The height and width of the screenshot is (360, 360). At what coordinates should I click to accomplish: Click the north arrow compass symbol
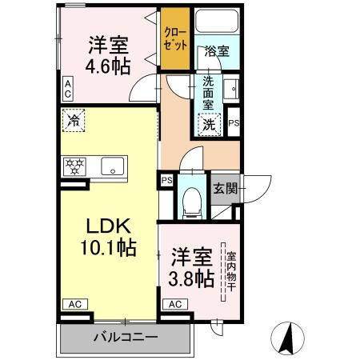tap(287, 338)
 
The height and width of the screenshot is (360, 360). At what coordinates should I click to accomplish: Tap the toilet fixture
tap(191, 203)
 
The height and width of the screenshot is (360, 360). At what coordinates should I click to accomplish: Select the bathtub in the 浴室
tap(217, 21)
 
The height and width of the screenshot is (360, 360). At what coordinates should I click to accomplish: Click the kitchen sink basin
tap(113, 166)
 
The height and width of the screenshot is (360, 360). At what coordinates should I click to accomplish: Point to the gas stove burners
tap(75, 166)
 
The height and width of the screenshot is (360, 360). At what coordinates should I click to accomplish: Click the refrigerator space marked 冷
tap(74, 120)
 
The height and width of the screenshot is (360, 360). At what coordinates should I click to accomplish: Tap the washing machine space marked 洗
tap(209, 125)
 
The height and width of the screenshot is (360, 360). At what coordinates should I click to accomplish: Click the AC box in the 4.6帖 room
tap(68, 89)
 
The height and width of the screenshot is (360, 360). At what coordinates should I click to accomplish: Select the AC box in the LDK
tap(75, 304)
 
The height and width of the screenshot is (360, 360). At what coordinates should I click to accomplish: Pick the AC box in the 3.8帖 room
tap(175, 304)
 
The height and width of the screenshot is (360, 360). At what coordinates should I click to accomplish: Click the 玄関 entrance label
tap(225, 189)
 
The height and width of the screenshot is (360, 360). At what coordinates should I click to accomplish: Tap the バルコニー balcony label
tap(126, 337)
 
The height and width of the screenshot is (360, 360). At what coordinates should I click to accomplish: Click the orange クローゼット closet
tap(175, 38)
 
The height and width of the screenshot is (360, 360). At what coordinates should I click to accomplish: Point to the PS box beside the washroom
tap(234, 122)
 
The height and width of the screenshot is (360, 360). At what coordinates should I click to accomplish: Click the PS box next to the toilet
tap(167, 180)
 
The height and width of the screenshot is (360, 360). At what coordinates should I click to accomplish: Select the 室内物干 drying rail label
tap(231, 271)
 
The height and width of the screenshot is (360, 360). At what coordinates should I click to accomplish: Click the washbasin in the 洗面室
tap(231, 89)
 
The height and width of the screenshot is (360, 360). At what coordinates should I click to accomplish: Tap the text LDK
tap(108, 226)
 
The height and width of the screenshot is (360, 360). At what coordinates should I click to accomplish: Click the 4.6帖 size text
tap(108, 66)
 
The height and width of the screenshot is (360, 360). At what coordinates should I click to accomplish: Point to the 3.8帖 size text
tap(191, 279)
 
